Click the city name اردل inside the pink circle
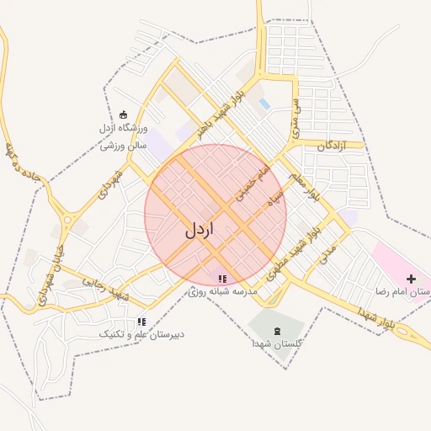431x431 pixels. point(200,229)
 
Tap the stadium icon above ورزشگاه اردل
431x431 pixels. point(124,114)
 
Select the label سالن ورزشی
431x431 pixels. point(124,145)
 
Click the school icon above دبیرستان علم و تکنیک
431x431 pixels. point(141,322)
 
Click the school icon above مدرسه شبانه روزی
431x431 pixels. point(222,278)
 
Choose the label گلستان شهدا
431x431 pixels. point(277,344)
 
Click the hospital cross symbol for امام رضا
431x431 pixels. point(411,279)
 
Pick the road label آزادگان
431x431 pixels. point(333,146)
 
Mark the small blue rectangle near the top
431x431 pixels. point(264,104)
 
